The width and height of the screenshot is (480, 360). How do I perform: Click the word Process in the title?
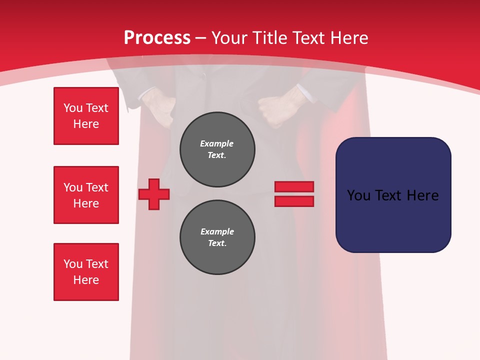tap(157, 38)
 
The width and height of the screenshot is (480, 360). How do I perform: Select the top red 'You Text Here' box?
tap(86, 116)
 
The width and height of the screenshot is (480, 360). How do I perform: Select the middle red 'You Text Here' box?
tap(86, 195)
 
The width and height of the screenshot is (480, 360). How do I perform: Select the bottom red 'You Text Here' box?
tap(86, 272)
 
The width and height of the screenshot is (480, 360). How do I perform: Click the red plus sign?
tap(154, 194)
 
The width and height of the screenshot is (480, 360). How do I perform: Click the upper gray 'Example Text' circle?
tap(217, 149)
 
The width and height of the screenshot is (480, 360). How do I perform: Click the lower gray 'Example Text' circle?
tap(217, 237)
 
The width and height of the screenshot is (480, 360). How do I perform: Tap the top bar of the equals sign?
tap(294, 186)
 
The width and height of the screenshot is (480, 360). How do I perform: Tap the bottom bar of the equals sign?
tap(294, 201)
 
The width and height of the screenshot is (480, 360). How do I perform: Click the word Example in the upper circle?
tap(216, 143)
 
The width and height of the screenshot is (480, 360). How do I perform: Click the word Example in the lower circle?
tap(217, 231)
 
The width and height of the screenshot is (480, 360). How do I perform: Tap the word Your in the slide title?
tap(229, 38)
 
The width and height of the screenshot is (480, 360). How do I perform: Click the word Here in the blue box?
tap(422, 195)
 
